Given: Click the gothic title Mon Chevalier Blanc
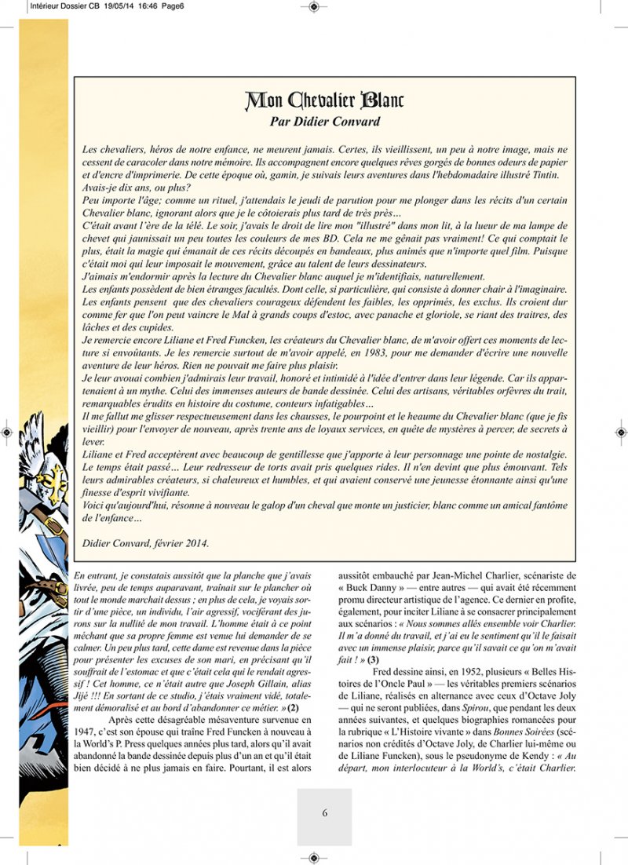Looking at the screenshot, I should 324,100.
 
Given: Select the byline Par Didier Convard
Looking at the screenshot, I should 324,122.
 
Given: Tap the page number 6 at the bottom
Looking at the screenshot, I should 324,813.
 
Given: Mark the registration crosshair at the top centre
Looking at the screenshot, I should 313,6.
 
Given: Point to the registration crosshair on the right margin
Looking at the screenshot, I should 620,432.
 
